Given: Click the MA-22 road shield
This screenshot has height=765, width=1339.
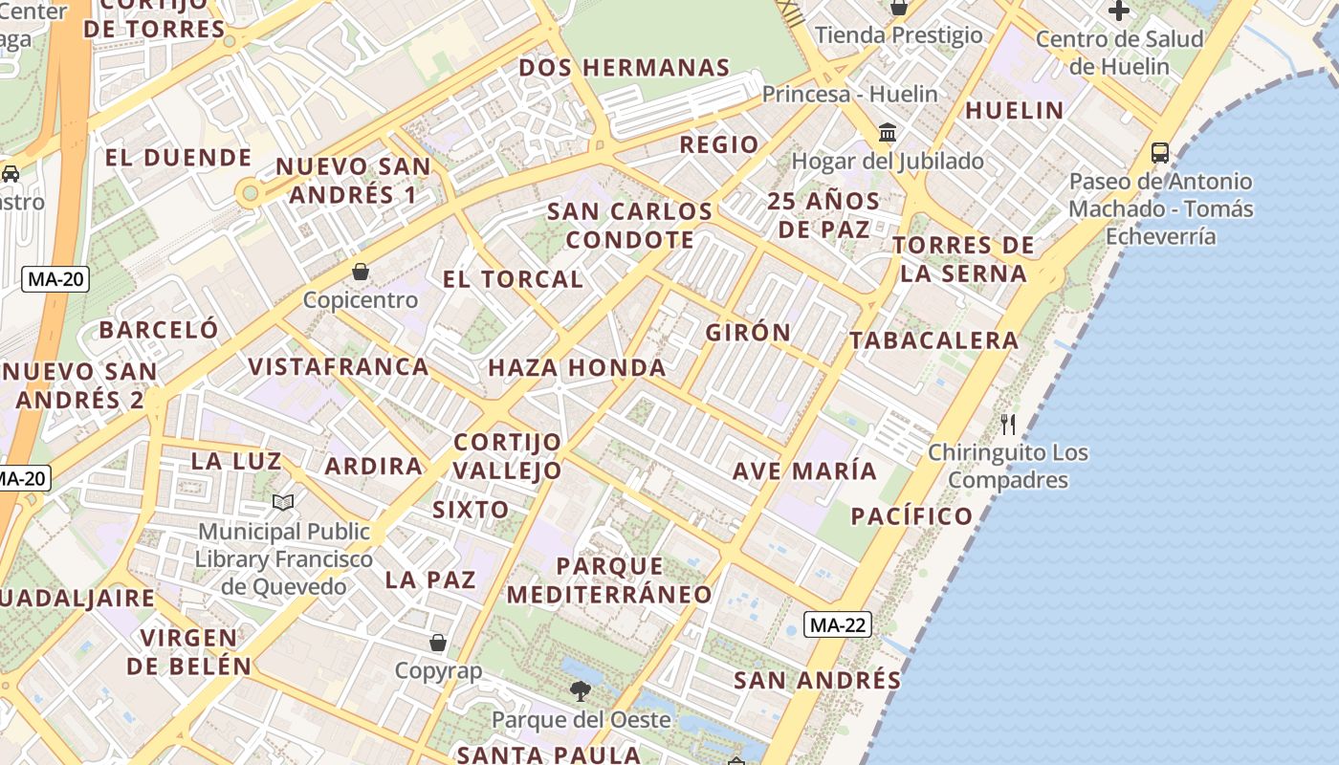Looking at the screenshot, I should pyautogui.click(x=838, y=625).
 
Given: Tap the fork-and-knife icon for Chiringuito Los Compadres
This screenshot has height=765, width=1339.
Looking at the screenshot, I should pyautogui.click(x=1008, y=424).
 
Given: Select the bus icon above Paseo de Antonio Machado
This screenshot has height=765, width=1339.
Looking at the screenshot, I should pyautogui.click(x=1160, y=152).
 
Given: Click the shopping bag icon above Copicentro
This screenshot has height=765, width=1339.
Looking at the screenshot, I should pyautogui.click(x=361, y=272).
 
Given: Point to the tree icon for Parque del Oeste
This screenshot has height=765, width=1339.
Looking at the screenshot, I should pyautogui.click(x=580, y=690).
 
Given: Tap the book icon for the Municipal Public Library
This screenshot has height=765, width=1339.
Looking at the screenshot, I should pyautogui.click(x=283, y=502).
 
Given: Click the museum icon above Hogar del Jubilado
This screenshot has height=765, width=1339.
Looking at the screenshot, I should pyautogui.click(x=888, y=132).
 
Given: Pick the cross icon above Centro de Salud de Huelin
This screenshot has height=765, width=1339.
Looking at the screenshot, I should pyautogui.click(x=1119, y=11).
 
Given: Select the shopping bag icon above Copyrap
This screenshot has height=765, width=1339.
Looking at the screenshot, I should pyautogui.click(x=438, y=643).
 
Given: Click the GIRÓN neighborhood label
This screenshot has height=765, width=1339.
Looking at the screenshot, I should pyautogui.click(x=748, y=333).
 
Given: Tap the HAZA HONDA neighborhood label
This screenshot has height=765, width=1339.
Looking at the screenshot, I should pyautogui.click(x=577, y=368).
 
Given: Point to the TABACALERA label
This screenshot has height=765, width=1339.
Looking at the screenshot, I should pyautogui.click(x=933, y=340).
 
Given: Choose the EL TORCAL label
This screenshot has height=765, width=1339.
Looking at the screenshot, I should pyautogui.click(x=513, y=279).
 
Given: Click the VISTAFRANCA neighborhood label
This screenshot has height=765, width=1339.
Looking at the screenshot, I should pyautogui.click(x=339, y=367).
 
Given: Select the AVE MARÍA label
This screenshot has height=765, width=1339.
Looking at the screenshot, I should pyautogui.click(x=804, y=471).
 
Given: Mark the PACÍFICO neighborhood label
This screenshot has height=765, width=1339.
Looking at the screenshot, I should pyautogui.click(x=911, y=516).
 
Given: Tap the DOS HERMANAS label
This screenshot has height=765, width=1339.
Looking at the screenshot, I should pyautogui.click(x=625, y=68).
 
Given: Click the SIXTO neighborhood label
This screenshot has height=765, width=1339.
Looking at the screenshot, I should pyautogui.click(x=471, y=510).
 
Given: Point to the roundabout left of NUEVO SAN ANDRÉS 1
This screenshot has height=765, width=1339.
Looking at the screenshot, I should pyautogui.click(x=251, y=193).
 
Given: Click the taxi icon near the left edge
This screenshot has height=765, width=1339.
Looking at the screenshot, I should pyautogui.click(x=11, y=174).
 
